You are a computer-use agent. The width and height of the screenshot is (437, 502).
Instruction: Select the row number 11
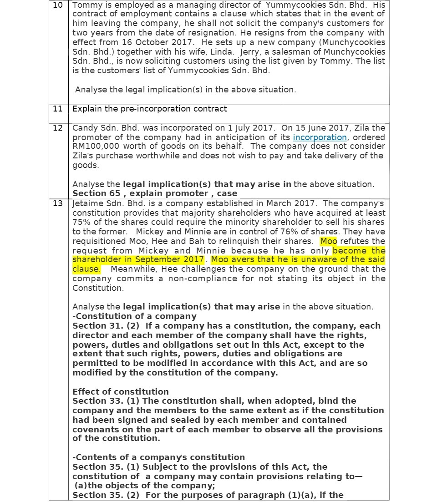tap(57, 109)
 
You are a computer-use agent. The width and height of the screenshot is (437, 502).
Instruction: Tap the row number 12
tap(57, 128)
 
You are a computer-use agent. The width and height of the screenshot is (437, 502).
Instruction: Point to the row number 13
tap(57, 203)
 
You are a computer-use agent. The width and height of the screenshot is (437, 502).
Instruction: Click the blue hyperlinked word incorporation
tap(320, 137)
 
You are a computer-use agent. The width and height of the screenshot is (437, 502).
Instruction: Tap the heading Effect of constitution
tap(121, 391)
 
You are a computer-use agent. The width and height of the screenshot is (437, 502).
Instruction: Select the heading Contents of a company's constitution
tap(160, 457)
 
